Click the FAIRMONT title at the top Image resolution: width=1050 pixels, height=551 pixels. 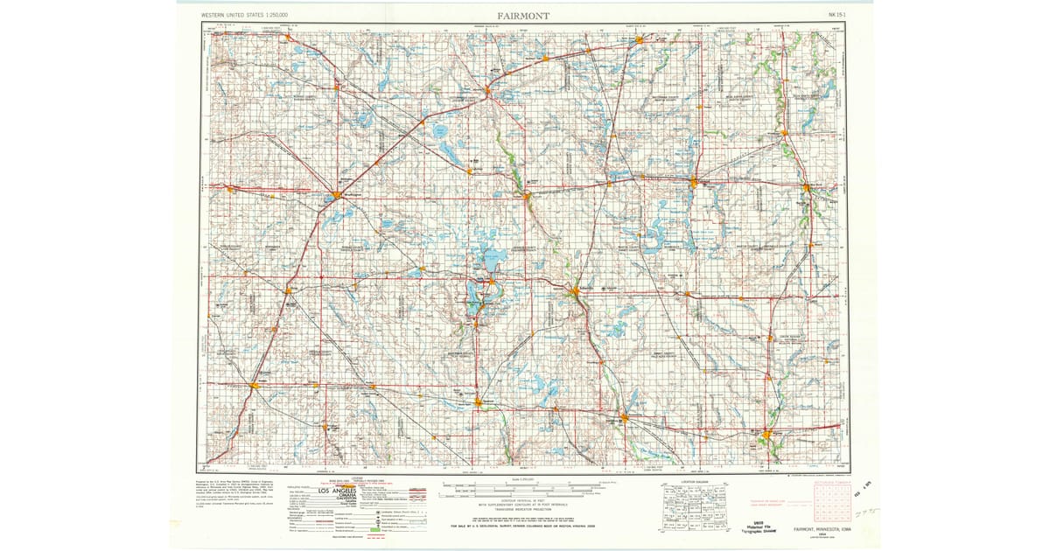point(523,16)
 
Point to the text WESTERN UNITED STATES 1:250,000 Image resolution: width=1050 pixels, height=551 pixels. point(245,16)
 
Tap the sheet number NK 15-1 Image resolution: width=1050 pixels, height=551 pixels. point(837,16)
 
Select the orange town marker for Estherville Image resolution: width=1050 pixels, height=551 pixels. point(575,290)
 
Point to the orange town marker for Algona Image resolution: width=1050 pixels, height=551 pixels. point(767,434)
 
